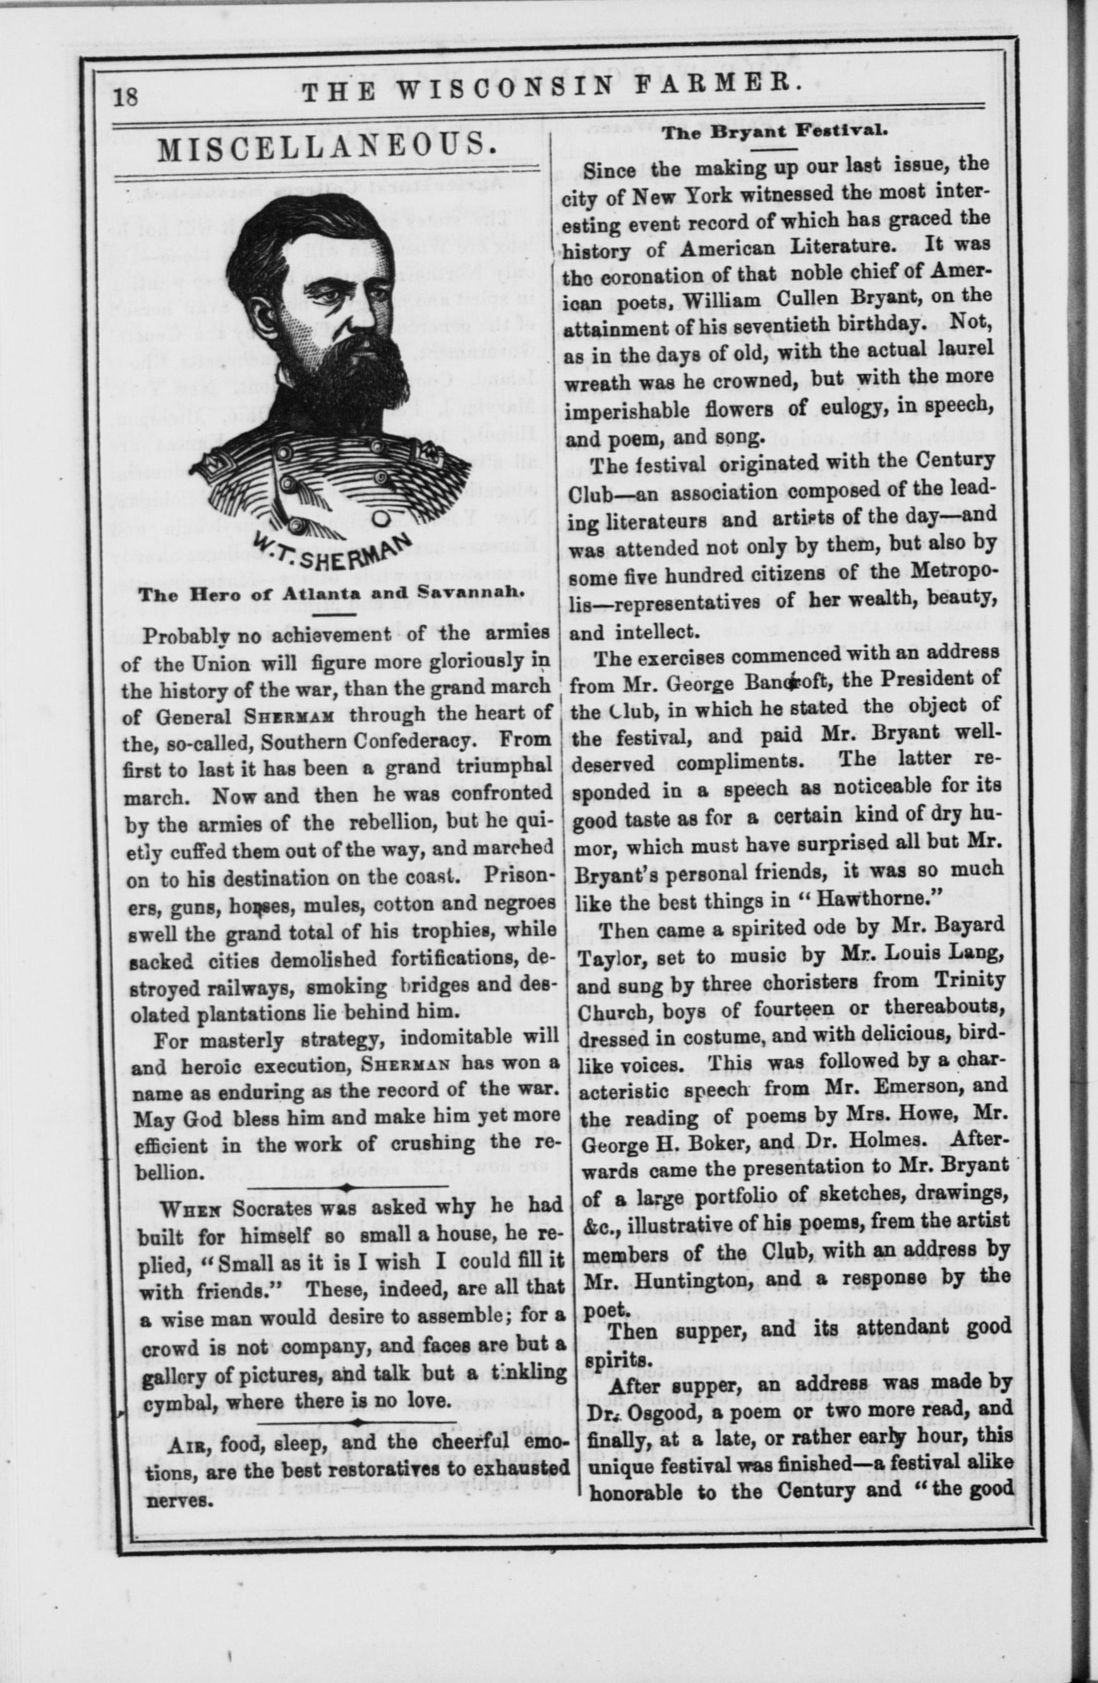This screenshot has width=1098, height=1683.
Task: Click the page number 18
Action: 129,95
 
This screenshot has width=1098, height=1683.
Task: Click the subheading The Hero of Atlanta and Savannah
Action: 330,594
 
